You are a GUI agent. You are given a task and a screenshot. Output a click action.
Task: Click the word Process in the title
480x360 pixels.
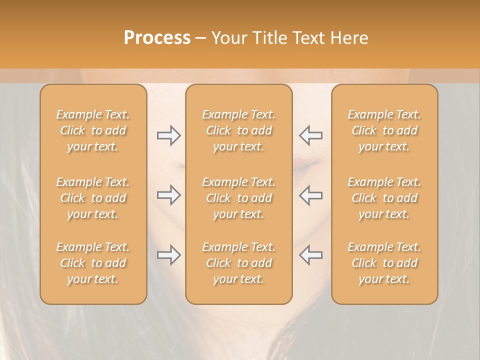tap(157, 38)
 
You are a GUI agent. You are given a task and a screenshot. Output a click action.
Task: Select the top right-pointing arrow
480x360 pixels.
tap(168, 135)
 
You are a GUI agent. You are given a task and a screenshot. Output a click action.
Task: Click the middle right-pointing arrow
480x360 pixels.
tap(168, 195)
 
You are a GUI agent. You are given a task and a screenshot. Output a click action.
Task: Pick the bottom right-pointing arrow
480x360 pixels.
tap(168, 255)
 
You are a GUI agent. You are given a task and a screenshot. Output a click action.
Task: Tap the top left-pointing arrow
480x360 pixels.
tap(310, 135)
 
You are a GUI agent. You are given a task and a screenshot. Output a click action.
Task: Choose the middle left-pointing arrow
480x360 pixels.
tap(310, 195)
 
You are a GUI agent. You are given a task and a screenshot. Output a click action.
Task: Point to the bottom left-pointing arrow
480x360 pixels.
tap(310, 255)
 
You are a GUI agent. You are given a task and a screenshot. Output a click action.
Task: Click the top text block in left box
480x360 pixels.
tap(93, 130)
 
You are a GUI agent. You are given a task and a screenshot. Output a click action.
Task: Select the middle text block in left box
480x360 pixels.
tap(93, 198)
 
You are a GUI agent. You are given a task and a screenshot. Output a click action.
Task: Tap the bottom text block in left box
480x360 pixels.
tap(93, 263)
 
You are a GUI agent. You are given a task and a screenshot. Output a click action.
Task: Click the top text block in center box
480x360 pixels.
tap(239, 130)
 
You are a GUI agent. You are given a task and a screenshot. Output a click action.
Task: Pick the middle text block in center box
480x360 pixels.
tap(239, 198)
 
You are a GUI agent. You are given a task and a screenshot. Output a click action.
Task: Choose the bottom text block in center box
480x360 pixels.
tap(239, 263)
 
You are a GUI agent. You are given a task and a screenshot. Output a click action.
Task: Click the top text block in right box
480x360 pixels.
tap(384, 130)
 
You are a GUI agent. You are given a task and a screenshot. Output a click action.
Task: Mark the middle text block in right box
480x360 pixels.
tap(384, 198)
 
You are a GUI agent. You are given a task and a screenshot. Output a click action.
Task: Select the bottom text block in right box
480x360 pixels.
tap(384, 263)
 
